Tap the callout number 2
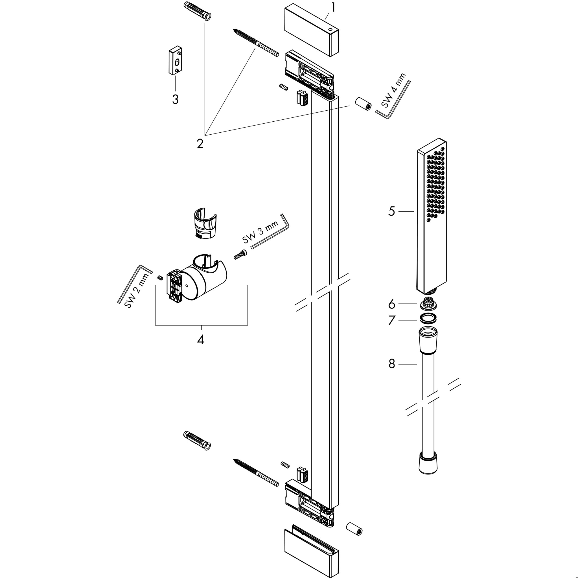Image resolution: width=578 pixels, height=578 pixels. [x=200, y=144]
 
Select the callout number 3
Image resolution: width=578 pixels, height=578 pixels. [x=175, y=99]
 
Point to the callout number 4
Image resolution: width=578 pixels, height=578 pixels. [x=200, y=340]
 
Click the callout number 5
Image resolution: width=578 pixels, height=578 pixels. [x=392, y=211]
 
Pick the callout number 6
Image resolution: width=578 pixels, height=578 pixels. [x=392, y=304]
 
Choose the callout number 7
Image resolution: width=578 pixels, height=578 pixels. [x=392, y=320]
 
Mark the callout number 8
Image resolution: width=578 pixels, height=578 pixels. [x=392, y=364]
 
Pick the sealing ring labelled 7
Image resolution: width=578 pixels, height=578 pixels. [x=428, y=319]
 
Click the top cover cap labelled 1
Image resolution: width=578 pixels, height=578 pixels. [x=311, y=30]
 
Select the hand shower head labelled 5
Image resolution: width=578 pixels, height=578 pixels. [x=432, y=216]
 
